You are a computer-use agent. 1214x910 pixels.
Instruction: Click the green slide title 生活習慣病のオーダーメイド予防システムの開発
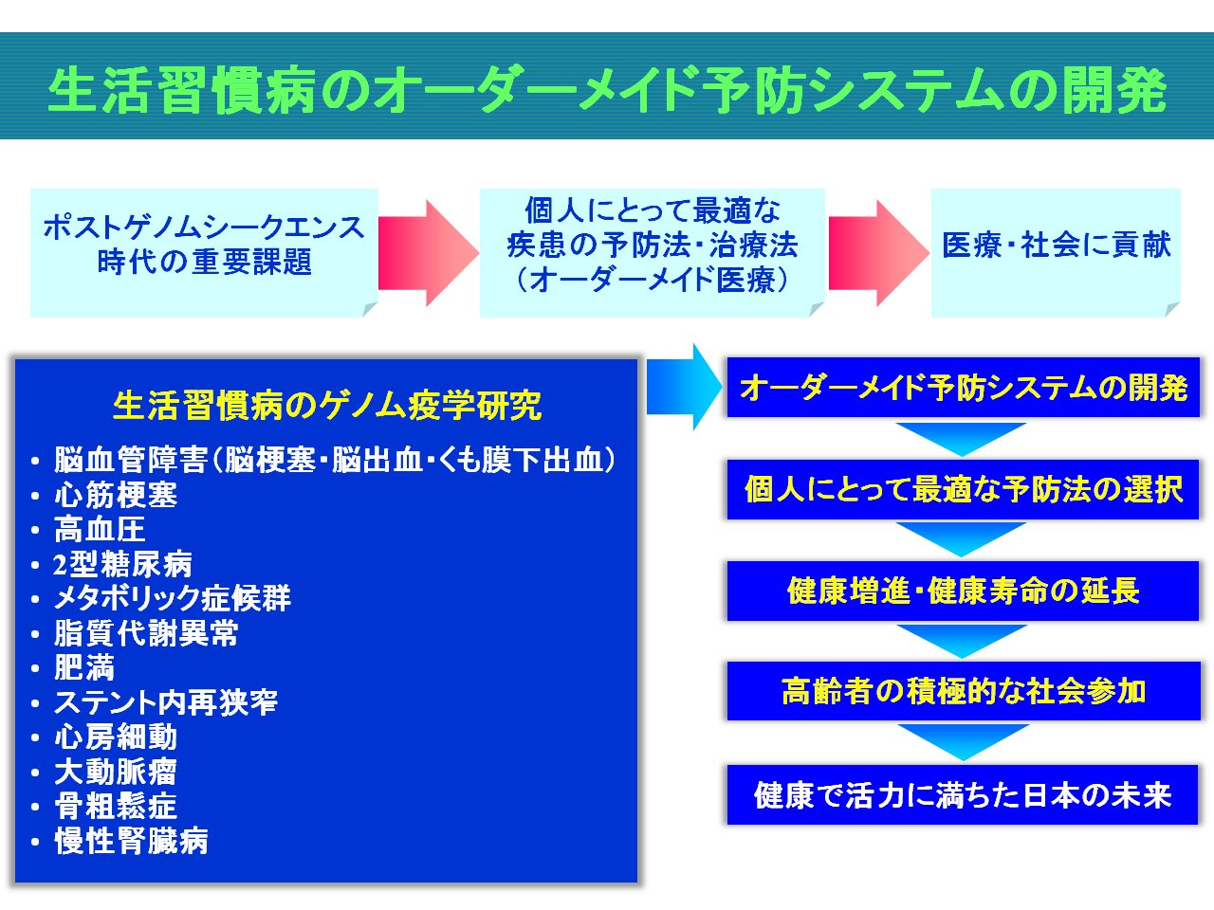pyautogui.click(x=607, y=91)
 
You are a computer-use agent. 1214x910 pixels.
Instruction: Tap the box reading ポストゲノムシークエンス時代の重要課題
pyautogui.click(x=204, y=252)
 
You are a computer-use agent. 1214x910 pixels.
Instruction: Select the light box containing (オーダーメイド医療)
pyautogui.click(x=653, y=252)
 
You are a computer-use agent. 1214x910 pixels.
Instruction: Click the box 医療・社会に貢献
pyautogui.click(x=1056, y=252)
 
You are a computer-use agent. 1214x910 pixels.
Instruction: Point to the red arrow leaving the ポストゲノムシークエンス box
pyautogui.click(x=429, y=253)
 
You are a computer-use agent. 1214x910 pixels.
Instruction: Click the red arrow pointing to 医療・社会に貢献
pyautogui.click(x=879, y=253)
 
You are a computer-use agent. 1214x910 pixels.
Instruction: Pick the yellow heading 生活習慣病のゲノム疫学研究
pyautogui.click(x=327, y=406)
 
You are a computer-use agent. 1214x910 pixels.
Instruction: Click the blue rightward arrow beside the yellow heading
pyautogui.click(x=684, y=386)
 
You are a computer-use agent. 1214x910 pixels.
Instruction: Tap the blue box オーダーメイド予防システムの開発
pyautogui.click(x=963, y=388)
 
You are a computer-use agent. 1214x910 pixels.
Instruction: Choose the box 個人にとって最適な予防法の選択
pyautogui.click(x=963, y=489)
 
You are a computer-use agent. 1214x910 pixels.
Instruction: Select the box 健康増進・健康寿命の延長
pyautogui.click(x=963, y=591)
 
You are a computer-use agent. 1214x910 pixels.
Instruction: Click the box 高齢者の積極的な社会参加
pyautogui.click(x=964, y=691)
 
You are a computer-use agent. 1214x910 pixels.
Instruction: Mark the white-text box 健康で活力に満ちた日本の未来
pyautogui.click(x=963, y=794)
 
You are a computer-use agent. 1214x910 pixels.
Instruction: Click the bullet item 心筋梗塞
pyautogui.click(x=116, y=495)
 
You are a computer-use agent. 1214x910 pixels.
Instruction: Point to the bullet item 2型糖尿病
pyautogui.click(x=122, y=564)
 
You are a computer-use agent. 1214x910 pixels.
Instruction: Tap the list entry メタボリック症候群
pyautogui.click(x=172, y=598)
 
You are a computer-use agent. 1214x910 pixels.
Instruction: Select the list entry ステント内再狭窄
pyautogui.click(x=165, y=702)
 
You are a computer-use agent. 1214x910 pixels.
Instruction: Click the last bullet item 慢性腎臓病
pyautogui.click(x=131, y=841)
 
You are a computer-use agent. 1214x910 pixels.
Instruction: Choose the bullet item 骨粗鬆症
pyautogui.click(x=116, y=806)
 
